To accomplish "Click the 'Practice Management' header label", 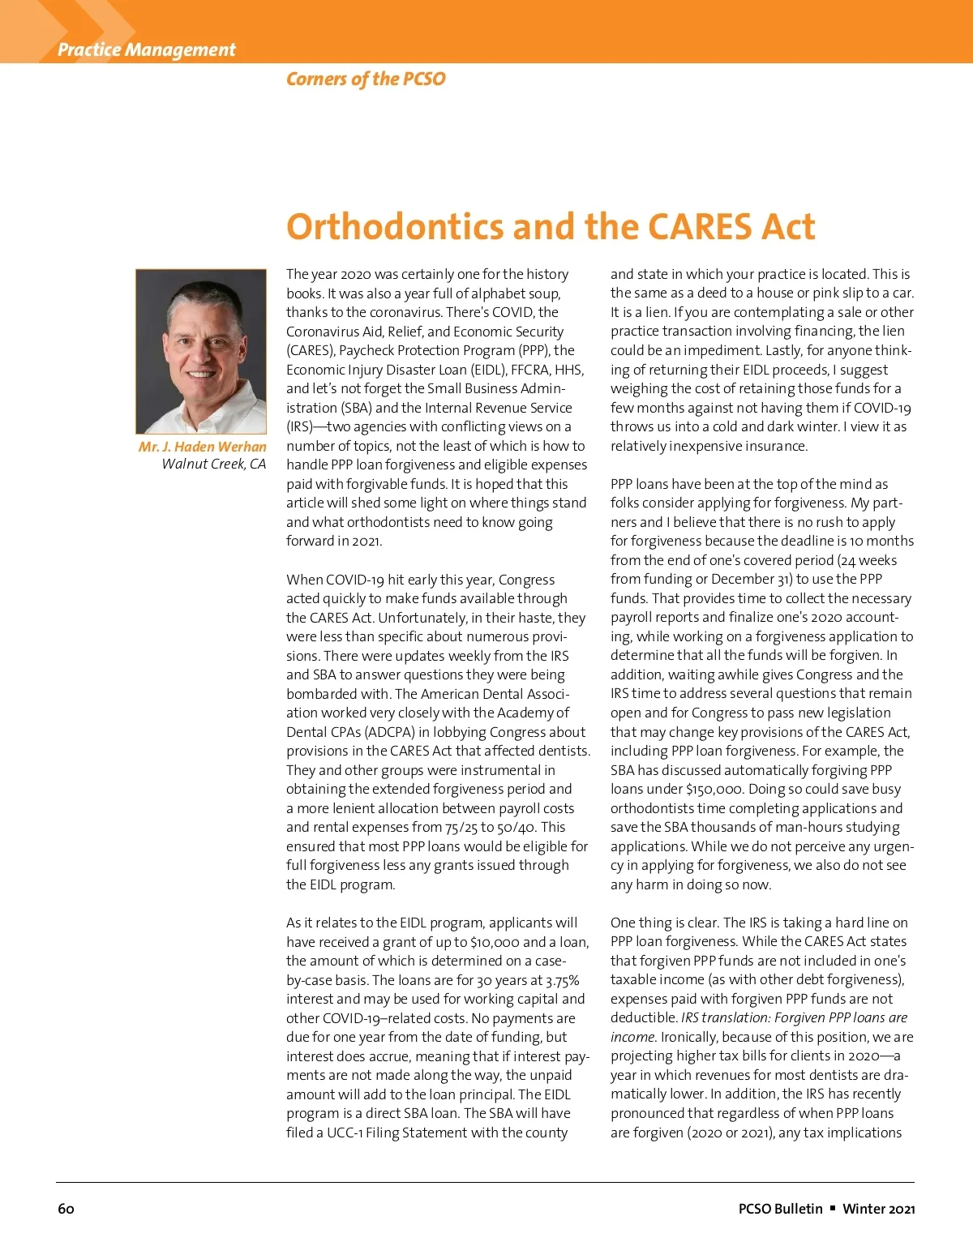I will (x=146, y=49).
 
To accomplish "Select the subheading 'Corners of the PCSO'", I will (x=366, y=79).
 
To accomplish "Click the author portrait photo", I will (x=201, y=351).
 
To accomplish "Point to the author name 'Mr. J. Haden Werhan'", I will (x=202, y=447).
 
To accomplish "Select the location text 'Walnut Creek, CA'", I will (x=213, y=464).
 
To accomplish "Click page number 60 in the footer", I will (x=66, y=1209).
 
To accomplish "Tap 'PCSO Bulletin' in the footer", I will (x=780, y=1209).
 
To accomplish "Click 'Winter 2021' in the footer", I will (x=878, y=1209).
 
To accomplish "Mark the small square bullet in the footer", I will (x=832, y=1208).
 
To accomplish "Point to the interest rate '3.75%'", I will (x=563, y=980).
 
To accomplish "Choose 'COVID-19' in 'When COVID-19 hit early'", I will (x=354, y=580).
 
